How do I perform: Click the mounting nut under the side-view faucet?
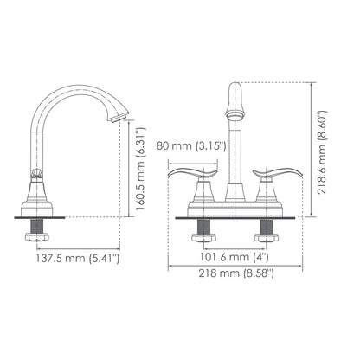point(40,232)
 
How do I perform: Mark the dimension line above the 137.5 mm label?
point(78,246)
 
